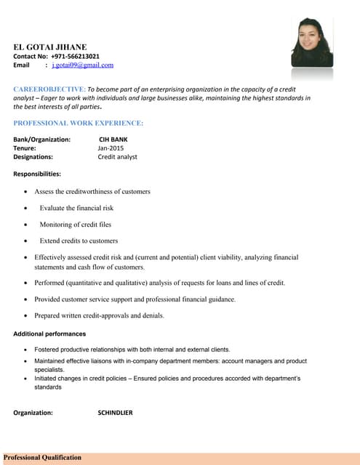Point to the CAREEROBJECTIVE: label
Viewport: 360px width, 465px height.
pos(49,88)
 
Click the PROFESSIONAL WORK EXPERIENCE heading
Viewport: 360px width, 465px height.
pos(78,123)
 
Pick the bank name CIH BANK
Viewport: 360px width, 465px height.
pos(113,139)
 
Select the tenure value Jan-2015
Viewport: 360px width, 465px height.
pos(111,147)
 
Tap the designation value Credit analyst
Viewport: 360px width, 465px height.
pos(117,156)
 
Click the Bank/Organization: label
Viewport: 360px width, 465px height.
pos(41,139)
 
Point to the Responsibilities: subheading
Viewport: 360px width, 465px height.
pos(37,174)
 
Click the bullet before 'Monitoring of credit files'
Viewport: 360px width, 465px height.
pos(26,225)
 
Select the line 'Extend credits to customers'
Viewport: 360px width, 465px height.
pos(79,240)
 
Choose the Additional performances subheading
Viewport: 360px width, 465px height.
pos(49,333)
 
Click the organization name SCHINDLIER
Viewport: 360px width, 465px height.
pos(115,413)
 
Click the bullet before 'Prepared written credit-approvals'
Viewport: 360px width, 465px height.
pos(26,316)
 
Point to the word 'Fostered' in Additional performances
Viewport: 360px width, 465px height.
pos(47,349)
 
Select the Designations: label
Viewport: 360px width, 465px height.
pos(33,156)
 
